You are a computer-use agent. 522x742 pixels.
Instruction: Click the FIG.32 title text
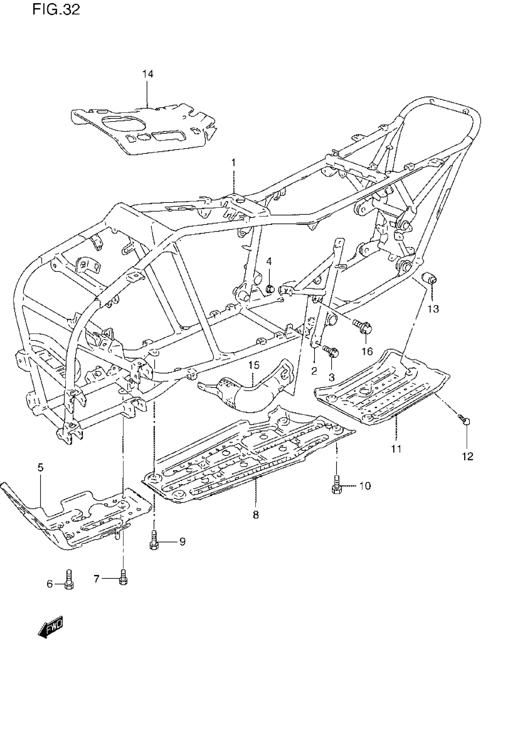click(x=56, y=10)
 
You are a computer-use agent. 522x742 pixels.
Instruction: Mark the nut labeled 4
click(x=270, y=290)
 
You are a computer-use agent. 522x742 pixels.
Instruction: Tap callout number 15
click(x=254, y=365)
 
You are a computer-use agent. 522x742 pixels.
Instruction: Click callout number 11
click(x=396, y=448)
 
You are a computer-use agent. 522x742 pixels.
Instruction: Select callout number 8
click(x=256, y=515)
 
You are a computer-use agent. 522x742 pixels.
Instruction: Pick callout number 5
click(x=40, y=468)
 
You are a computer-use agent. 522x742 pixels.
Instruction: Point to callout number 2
click(x=314, y=371)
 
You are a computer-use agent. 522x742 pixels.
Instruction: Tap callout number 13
click(x=434, y=309)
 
